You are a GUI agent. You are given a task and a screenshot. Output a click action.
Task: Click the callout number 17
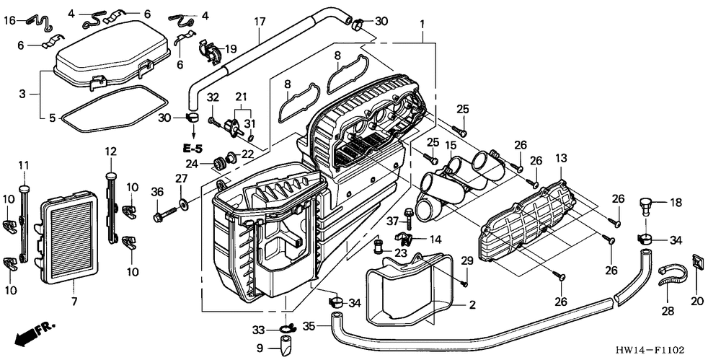coord(260,22)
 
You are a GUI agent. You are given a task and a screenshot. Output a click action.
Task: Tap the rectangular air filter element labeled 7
coord(69,241)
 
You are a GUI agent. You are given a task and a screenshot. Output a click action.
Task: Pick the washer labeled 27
coord(184,202)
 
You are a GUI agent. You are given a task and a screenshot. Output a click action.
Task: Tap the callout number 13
coord(562,159)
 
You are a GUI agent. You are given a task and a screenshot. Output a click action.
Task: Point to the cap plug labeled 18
coord(646,207)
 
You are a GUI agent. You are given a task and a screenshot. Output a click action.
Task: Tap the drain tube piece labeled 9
coord(285,346)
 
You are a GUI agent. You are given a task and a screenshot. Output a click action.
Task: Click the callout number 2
coord(472,304)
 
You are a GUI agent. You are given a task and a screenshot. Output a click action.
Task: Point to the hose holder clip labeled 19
coord(210,51)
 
